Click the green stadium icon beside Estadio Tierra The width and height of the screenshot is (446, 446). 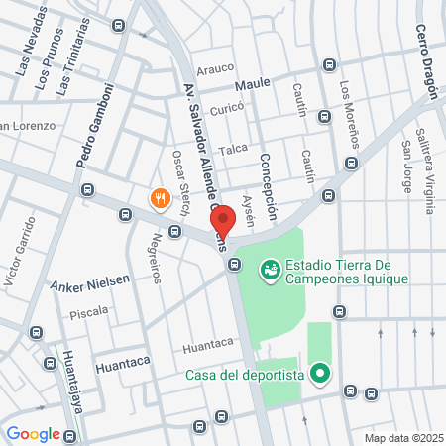270,269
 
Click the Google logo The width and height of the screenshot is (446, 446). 33,433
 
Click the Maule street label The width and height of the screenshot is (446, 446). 253,84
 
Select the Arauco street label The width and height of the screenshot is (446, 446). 215,68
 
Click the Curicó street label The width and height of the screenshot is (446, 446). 226,108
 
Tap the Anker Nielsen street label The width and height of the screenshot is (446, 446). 90,281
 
